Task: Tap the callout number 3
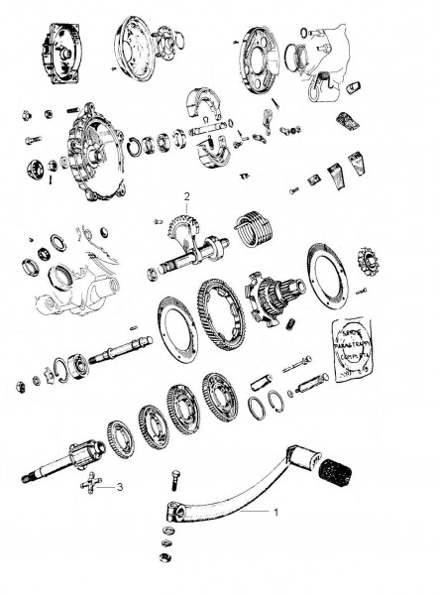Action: click(x=120, y=487)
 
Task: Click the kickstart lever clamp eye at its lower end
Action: click(x=175, y=513)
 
